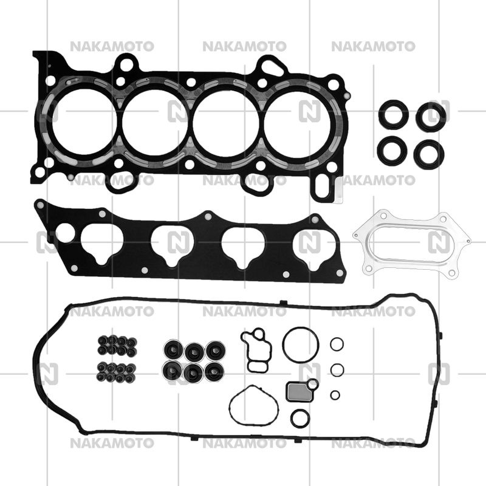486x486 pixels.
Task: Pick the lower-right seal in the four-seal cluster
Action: point(425,153)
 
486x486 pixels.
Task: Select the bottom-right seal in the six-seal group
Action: point(214,370)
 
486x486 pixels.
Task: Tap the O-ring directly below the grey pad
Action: point(299,419)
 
